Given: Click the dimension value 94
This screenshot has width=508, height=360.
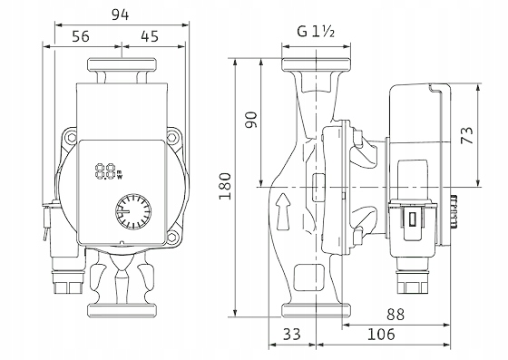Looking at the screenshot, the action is (x=120, y=15).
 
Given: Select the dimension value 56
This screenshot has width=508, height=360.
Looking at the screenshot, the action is (x=81, y=36).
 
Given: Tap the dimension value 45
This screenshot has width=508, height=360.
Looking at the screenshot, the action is (x=150, y=36).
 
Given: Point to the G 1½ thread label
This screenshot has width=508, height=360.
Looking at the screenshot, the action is (x=316, y=32).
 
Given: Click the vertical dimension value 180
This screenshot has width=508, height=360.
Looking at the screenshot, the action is (x=225, y=186).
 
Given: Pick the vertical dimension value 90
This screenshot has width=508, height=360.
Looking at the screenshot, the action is (x=251, y=120).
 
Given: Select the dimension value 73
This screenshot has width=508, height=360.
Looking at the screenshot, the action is (x=467, y=135).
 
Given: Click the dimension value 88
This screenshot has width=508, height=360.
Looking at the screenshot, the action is (x=396, y=314).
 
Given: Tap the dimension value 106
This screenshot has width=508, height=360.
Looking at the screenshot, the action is (x=381, y=334).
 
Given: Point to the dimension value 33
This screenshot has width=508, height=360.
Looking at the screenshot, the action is (x=291, y=334).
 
